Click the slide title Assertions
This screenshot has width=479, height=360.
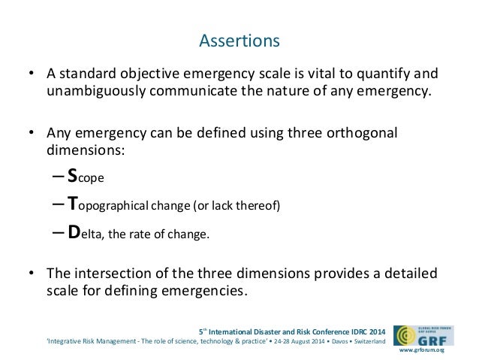239,39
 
